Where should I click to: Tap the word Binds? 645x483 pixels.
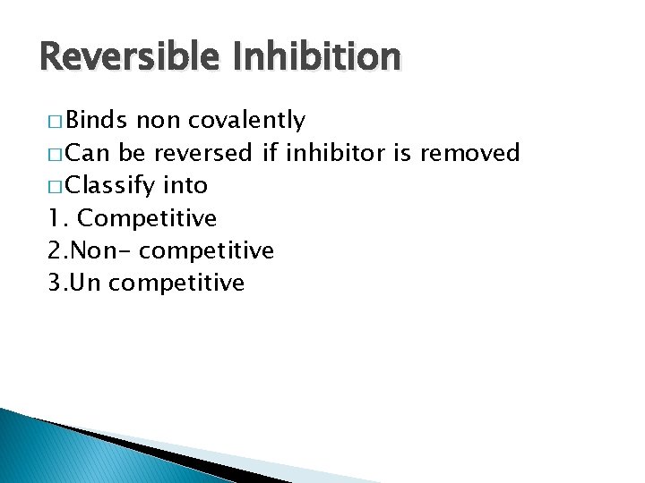(99, 120)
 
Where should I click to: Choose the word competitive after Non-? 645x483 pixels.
(207, 251)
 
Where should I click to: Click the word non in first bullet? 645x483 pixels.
(156, 121)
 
